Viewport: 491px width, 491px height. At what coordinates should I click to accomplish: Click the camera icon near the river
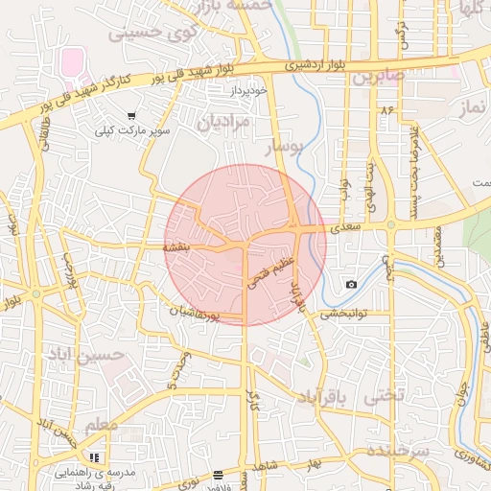point(351,284)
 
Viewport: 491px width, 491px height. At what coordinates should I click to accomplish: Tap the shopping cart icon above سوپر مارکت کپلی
point(131,115)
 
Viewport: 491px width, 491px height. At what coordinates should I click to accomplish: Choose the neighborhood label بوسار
point(282,147)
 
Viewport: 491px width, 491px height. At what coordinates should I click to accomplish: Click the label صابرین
point(376,76)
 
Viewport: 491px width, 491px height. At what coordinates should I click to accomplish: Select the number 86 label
point(387,111)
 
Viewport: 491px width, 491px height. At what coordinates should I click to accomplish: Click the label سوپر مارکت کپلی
point(131,129)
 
